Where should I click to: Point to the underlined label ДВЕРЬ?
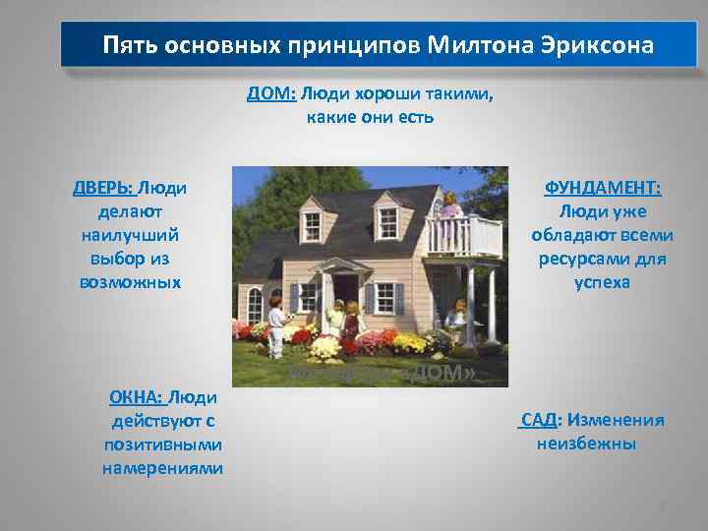(103, 188)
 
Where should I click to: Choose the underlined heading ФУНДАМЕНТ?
(603, 188)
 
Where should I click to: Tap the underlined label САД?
(539, 421)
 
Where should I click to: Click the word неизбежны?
(586, 443)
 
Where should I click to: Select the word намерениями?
(162, 468)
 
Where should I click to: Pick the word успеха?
(603, 282)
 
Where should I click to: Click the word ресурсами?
(603, 260)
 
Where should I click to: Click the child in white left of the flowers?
(277, 324)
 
